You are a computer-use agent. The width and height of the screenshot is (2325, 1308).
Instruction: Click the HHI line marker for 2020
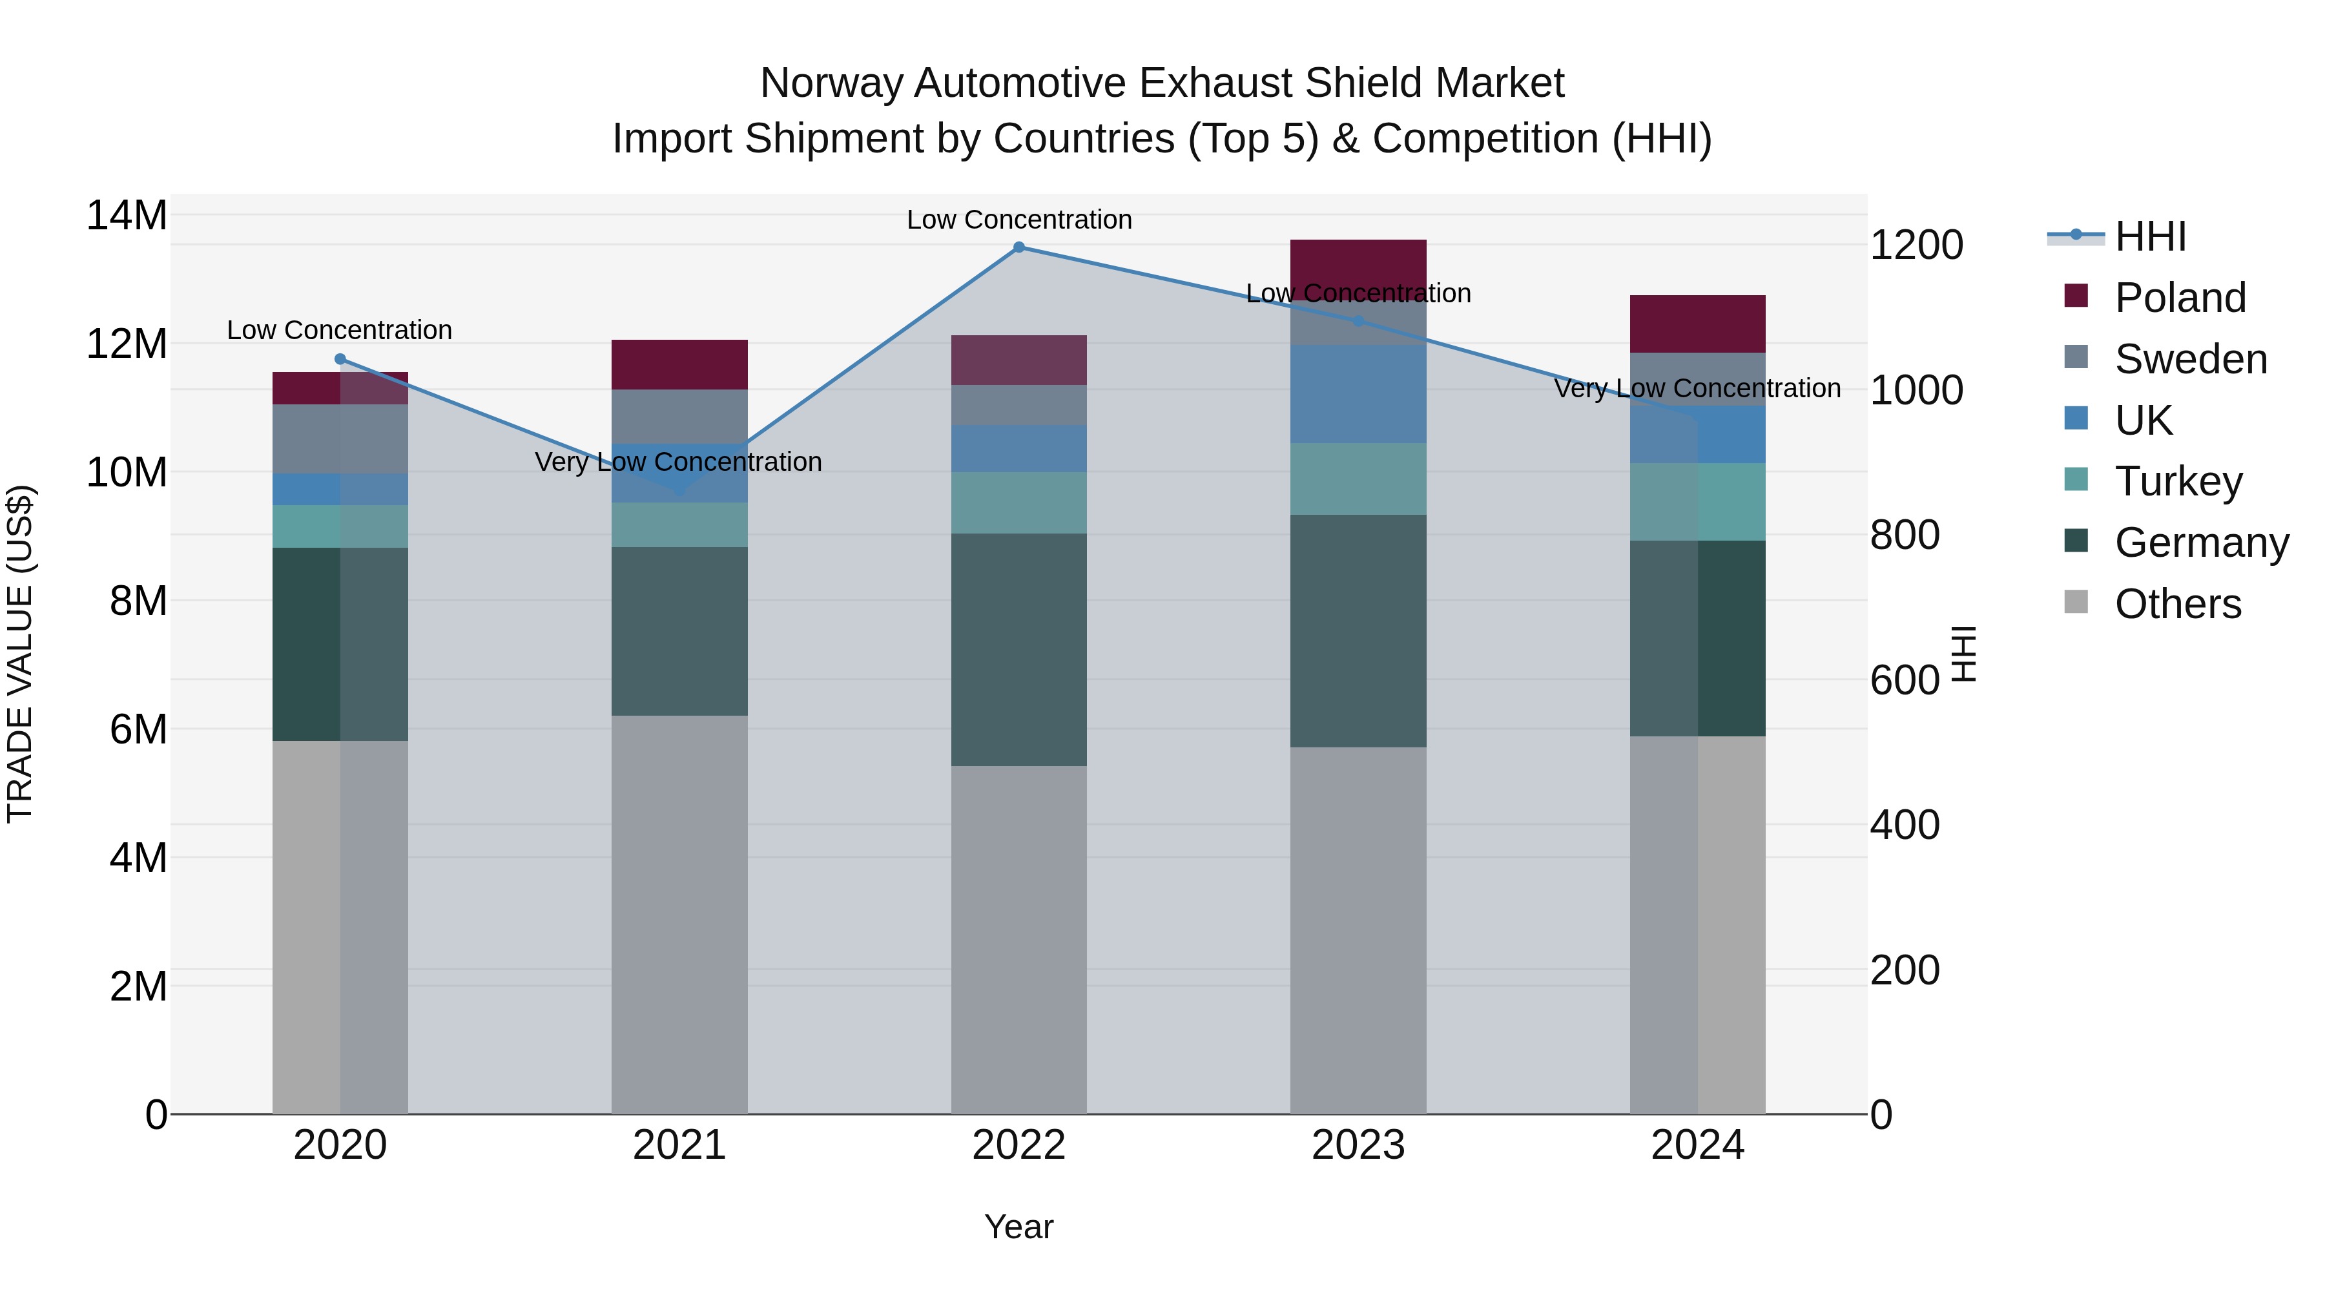coord(340,359)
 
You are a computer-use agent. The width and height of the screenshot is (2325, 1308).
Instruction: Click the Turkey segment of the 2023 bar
coord(1358,479)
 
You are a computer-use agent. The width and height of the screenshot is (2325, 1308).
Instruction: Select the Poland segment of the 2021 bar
coord(679,365)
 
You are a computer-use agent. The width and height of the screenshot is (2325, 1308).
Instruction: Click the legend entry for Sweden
coord(2191,359)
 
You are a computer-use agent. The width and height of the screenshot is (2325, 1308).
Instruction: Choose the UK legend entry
coord(2143,420)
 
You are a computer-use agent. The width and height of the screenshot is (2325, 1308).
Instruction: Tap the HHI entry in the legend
coord(2150,236)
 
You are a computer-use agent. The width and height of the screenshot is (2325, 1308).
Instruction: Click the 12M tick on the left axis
coord(127,344)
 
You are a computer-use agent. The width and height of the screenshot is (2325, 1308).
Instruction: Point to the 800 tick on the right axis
coord(1905,535)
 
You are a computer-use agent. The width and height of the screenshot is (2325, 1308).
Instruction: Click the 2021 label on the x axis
coord(679,1145)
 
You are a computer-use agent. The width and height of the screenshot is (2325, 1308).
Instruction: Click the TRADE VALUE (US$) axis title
coord(20,654)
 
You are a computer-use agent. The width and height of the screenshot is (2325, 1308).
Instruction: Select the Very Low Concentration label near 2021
coord(678,462)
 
